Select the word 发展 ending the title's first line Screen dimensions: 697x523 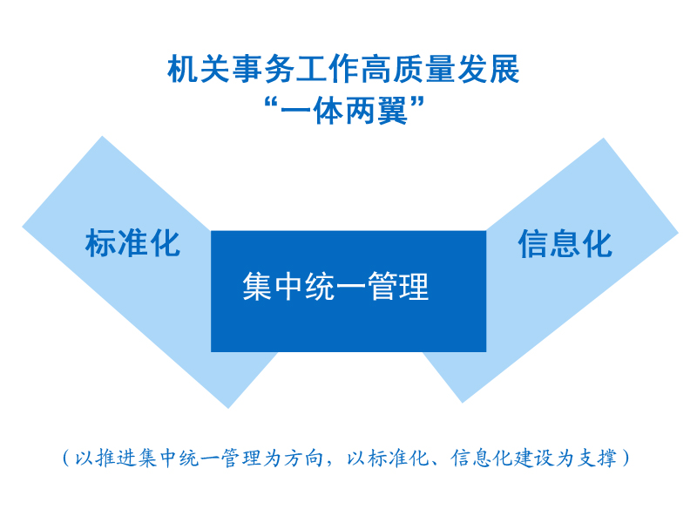489,69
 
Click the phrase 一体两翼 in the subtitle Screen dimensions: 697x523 344,111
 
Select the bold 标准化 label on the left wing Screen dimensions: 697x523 133,243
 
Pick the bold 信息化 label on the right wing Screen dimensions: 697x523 565,243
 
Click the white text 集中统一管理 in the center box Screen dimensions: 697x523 335,287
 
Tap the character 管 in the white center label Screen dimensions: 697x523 383,287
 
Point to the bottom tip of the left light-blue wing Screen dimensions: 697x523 228,408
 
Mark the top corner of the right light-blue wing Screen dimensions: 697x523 603,139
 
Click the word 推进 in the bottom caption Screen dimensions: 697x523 117,458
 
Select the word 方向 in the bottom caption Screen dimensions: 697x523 304,458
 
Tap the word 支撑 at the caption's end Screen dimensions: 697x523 597,458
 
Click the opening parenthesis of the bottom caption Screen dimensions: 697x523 66,458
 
